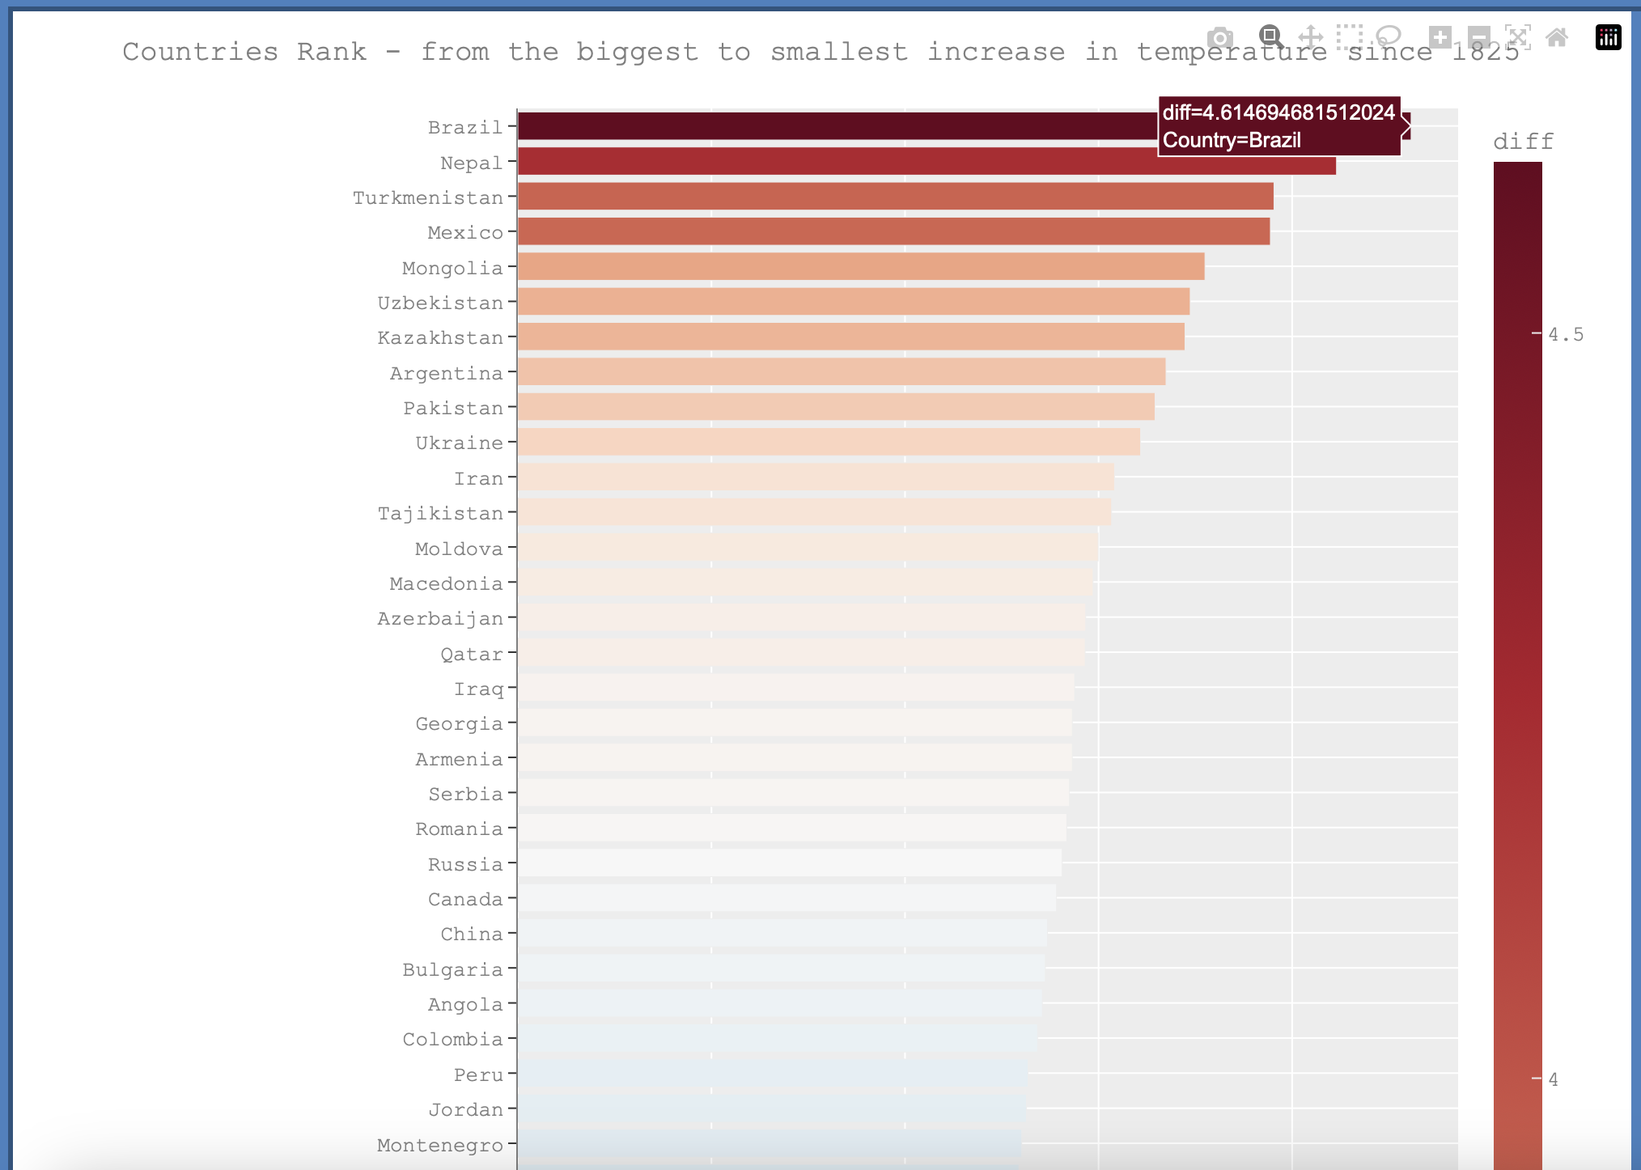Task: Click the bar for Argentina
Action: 842,372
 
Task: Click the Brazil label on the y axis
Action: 465,128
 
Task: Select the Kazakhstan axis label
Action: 440,338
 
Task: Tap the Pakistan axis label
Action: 453,409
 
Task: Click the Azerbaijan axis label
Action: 440,619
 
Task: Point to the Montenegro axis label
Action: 440,1146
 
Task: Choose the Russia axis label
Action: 465,865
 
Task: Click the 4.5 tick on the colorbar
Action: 1565,334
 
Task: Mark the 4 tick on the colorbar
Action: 1553,1079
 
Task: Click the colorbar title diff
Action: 1523,142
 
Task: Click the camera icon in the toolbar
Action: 1220,38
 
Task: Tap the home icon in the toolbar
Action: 1557,37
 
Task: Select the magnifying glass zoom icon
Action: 1270,36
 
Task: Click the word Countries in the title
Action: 200,52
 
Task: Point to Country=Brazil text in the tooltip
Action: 1232,141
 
